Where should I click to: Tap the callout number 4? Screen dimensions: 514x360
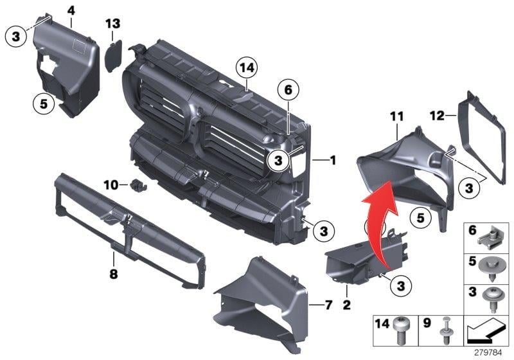click(71, 10)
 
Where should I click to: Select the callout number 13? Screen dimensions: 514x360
click(113, 24)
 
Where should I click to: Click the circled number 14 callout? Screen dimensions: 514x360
click(247, 67)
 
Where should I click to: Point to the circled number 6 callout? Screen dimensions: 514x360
click(288, 89)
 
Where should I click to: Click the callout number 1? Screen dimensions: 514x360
click(333, 160)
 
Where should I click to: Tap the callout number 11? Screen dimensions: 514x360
click(396, 116)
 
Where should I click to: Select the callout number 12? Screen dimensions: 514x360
click(438, 116)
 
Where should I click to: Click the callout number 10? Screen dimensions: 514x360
click(111, 185)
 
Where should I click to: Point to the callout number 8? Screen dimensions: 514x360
click(114, 273)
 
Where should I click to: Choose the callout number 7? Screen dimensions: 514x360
click(328, 305)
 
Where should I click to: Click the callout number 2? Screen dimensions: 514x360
click(346, 305)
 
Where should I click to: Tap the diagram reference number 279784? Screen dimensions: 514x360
click(488, 352)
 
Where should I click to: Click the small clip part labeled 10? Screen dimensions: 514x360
click(138, 185)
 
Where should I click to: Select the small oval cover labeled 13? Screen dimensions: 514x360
click(114, 55)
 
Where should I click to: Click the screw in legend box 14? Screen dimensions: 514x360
click(402, 330)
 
